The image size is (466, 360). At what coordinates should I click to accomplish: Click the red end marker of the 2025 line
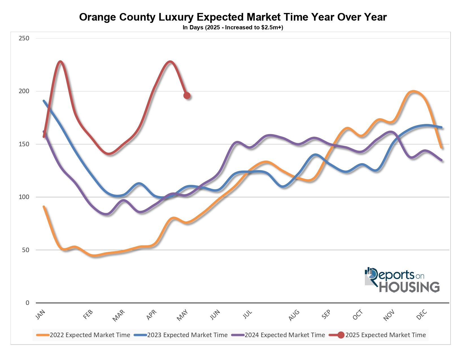point(187,95)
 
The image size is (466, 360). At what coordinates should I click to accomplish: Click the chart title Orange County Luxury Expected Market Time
point(233,17)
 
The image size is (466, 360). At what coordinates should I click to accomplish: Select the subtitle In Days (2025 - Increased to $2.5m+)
point(233,28)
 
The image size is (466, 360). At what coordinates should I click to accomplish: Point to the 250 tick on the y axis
point(24,38)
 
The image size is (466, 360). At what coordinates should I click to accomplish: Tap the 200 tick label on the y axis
point(24,91)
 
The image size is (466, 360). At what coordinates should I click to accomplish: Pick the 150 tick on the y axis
point(24,144)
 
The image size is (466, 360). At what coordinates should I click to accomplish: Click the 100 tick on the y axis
point(24,197)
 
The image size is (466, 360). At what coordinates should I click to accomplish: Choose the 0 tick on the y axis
point(27,303)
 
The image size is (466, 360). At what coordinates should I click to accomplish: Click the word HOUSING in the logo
point(409,287)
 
